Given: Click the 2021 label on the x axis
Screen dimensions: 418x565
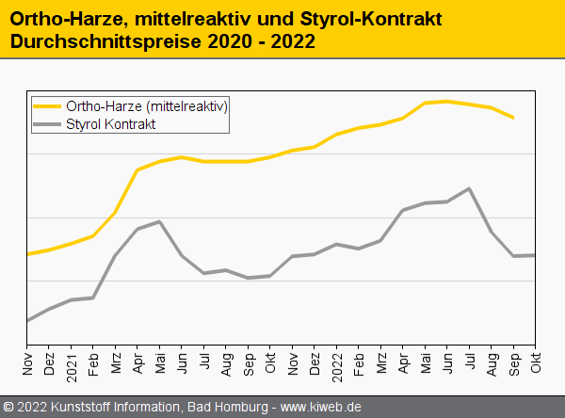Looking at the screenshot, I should [x=72, y=364].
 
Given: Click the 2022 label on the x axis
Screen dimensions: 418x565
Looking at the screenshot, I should [x=337, y=364].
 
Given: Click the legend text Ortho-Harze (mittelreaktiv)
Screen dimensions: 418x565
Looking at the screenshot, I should [x=147, y=105].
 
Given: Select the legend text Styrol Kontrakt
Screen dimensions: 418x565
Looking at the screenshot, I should [x=111, y=123].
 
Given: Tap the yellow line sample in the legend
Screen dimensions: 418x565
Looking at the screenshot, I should [x=47, y=105].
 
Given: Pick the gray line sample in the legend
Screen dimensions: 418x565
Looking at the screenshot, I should [x=47, y=123].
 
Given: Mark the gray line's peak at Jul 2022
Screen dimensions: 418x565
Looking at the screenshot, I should [x=469, y=188].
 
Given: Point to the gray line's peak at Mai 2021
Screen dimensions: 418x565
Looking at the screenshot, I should [x=160, y=221].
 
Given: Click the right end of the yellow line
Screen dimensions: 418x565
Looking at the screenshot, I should [x=513, y=118].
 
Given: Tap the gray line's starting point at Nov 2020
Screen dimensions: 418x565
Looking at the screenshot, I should [x=27, y=321].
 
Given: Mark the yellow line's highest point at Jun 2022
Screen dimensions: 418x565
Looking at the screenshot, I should [x=447, y=101].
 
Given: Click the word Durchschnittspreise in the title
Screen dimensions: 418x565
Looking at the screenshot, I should [x=93, y=43].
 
